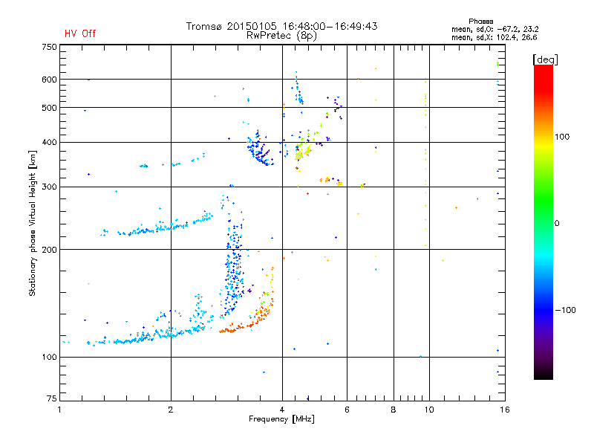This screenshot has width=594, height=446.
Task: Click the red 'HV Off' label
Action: click(79, 33)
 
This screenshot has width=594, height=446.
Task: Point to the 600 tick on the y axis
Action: click(49, 80)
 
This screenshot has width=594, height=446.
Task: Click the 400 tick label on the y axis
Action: click(49, 142)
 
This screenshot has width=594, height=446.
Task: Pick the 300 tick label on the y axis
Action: click(49, 187)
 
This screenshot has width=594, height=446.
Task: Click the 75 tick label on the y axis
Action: click(51, 400)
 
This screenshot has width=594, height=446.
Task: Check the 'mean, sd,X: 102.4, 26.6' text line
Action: click(494, 36)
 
